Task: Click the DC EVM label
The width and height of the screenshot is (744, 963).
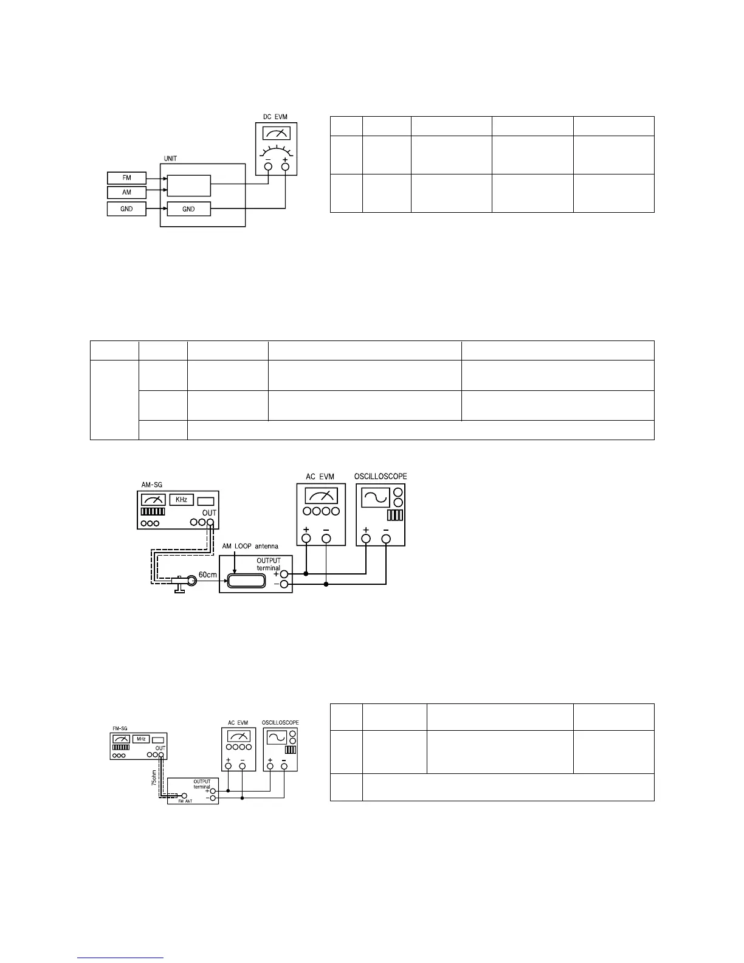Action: (x=276, y=117)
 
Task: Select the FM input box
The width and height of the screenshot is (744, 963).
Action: (x=127, y=178)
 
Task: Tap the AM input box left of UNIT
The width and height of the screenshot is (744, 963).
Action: (x=127, y=192)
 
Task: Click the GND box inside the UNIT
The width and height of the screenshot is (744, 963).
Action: (x=188, y=209)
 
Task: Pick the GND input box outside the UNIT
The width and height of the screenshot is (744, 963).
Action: (x=127, y=209)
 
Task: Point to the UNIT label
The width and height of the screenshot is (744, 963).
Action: (x=170, y=159)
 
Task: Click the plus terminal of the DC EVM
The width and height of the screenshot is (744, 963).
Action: (x=285, y=165)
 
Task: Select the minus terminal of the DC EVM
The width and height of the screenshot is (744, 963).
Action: (x=268, y=165)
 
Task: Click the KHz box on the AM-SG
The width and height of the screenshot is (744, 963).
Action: (x=181, y=500)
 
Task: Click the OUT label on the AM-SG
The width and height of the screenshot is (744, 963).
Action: (x=209, y=513)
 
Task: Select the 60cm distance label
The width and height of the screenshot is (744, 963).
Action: (x=208, y=575)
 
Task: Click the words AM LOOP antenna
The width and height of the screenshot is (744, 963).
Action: (x=250, y=546)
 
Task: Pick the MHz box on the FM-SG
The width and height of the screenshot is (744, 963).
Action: (x=141, y=739)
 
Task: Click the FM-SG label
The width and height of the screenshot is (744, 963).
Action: (x=119, y=728)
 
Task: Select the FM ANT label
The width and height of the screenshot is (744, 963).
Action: (x=185, y=801)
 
